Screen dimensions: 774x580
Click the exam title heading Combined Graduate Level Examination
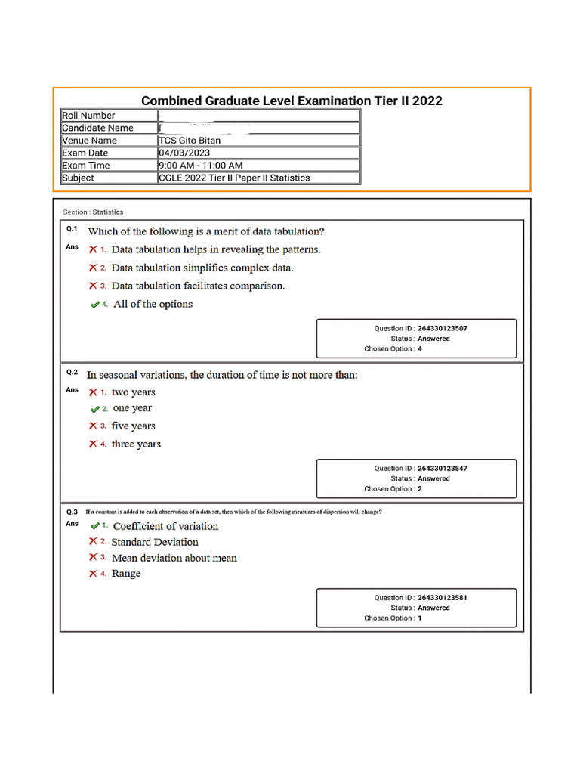[x=292, y=101]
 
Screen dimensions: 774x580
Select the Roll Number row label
[x=88, y=116]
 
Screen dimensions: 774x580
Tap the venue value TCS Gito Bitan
[x=190, y=141]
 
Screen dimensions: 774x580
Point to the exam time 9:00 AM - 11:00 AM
[x=200, y=166]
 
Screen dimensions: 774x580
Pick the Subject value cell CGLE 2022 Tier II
[x=234, y=178]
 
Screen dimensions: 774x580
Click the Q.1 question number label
[x=72, y=228]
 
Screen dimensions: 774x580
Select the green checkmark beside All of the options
[x=94, y=305]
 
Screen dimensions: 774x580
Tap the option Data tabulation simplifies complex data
[x=202, y=268]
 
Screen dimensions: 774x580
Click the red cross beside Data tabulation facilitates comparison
[x=93, y=286]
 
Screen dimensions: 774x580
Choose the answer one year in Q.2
[x=132, y=408]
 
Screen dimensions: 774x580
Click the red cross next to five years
[x=93, y=426]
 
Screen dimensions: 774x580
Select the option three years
[x=136, y=444]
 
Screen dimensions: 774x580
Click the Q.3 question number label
[x=72, y=512]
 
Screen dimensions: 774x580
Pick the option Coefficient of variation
[x=165, y=526]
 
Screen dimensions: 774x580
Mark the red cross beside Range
[x=93, y=574]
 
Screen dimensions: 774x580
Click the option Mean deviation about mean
[x=174, y=558]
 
